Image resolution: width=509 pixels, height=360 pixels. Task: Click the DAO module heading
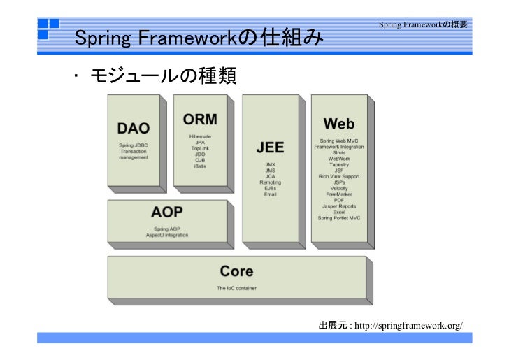133,129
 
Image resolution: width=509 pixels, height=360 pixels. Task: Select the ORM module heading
200,119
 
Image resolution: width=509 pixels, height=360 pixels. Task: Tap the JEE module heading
270,147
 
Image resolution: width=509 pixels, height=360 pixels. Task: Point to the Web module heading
339,124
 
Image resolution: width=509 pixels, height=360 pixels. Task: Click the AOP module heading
167,212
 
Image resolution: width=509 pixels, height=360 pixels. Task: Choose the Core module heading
236,271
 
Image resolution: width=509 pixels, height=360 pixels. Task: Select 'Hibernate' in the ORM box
200,136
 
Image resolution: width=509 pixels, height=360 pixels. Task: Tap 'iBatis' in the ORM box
200,167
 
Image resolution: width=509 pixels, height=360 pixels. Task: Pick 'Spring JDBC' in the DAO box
133,145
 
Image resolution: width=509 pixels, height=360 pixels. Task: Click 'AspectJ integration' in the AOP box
167,235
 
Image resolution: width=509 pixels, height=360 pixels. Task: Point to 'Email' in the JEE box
270,194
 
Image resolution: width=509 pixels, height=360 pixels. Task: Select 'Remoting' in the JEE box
270,182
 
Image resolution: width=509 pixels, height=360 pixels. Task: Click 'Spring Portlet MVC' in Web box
339,218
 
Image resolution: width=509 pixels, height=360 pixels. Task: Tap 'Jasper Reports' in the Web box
339,206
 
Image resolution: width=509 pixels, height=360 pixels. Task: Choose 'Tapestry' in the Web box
339,164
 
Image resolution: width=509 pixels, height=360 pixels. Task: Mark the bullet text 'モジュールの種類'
161,75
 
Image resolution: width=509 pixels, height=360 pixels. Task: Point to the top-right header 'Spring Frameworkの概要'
423,25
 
